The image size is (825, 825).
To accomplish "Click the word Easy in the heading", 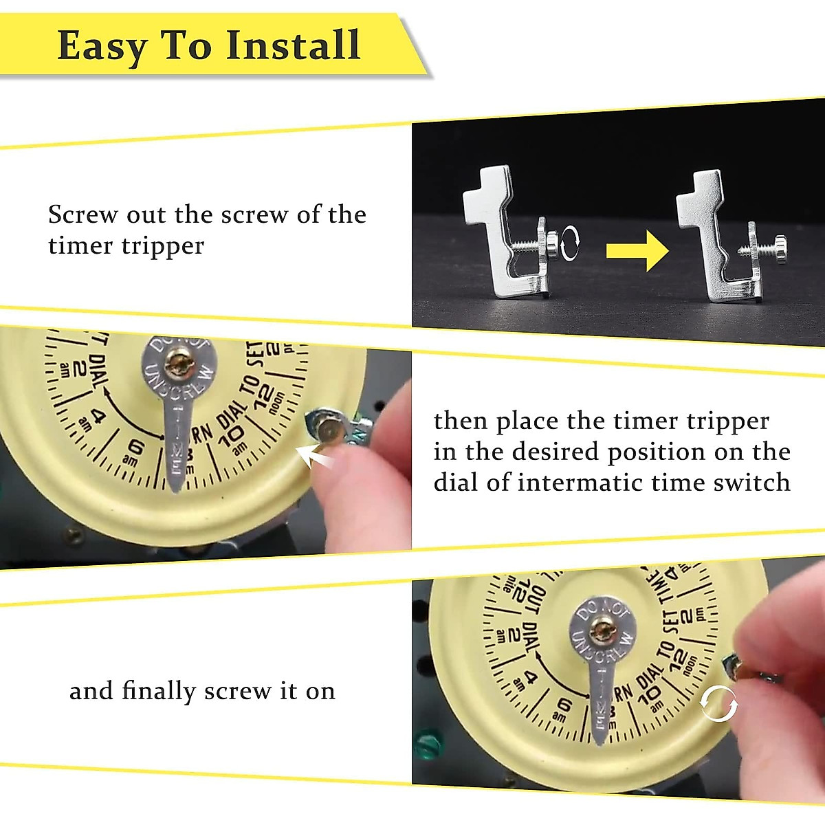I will [x=102, y=47].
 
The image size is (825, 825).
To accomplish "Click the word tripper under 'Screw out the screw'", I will [x=163, y=245].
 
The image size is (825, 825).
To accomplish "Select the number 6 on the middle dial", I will [x=137, y=448].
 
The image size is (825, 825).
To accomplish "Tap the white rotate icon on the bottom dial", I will [x=718, y=704].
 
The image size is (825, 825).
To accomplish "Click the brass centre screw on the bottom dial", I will [x=604, y=627].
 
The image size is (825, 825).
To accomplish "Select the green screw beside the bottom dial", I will [x=428, y=742].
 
